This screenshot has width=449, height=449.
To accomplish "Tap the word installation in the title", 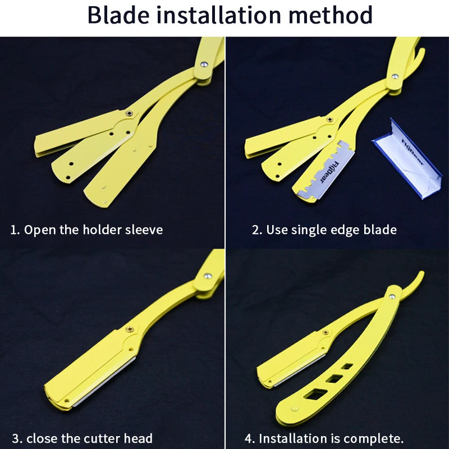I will [x=223, y=15].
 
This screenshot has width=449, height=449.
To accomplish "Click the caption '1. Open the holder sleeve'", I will [x=86, y=230].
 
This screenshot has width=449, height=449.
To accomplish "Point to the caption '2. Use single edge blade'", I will [x=324, y=230].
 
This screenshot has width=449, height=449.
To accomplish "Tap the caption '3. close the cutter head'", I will [x=82, y=438].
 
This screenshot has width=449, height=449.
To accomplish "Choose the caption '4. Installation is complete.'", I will [x=324, y=438].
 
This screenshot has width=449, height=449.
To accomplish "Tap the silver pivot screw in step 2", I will [x=396, y=77].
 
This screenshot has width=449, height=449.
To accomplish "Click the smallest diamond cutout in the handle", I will [x=348, y=366].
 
